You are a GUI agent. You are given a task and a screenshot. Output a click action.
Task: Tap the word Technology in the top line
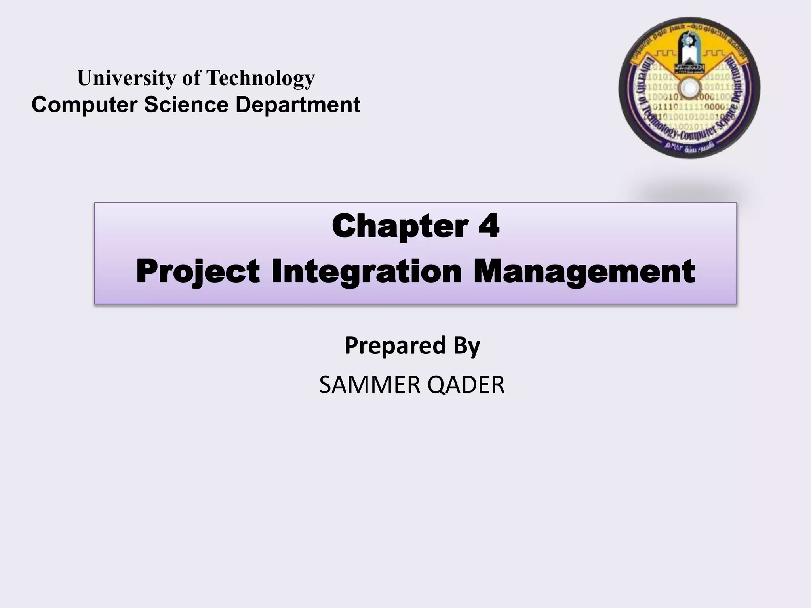[261, 78]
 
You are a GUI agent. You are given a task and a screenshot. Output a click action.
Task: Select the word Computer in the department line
[85, 105]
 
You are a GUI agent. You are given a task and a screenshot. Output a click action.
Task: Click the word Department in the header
[298, 105]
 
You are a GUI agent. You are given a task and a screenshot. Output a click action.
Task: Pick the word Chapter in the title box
[400, 226]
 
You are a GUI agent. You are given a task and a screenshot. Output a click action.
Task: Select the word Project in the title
[198, 272]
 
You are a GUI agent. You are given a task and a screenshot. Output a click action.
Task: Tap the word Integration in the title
[367, 272]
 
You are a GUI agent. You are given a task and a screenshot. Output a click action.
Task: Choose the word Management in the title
[584, 272]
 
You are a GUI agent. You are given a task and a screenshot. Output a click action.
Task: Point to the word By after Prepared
[466, 345]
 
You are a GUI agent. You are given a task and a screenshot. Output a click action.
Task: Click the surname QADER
[466, 385]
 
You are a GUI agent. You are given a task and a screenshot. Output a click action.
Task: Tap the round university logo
[689, 88]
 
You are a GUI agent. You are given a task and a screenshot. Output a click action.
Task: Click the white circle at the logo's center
[689, 87]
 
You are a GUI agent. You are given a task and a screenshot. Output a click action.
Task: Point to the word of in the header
[191, 78]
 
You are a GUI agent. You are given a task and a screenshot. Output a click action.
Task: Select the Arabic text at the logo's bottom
[690, 147]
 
